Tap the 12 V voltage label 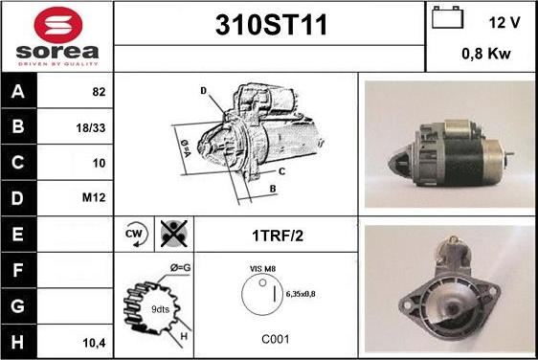pos(504,22)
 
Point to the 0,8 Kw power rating pos(485,55)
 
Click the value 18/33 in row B pos(91,126)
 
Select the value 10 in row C pos(98,163)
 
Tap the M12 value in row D pos(94,198)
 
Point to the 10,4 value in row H pos(94,342)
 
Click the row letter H pos(18,342)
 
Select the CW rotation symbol pos(134,233)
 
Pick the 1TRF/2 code pos(278,234)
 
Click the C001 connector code pos(277,339)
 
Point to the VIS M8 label pos(262,269)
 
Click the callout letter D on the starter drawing pos(204,91)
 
